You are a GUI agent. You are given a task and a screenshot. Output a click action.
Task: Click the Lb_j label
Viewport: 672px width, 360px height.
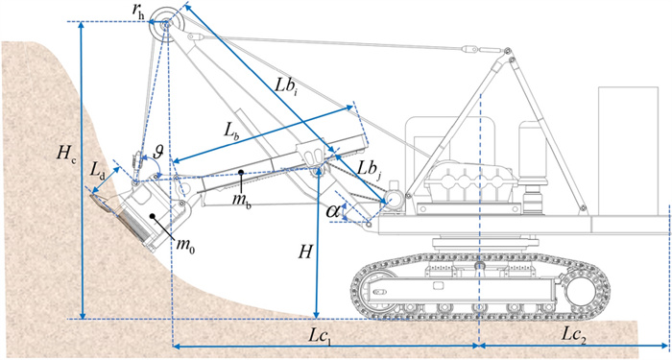coord(369,171)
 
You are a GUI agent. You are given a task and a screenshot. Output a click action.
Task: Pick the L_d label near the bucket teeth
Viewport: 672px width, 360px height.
coord(98,170)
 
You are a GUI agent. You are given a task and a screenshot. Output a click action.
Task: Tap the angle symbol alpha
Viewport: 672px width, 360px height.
coord(333,210)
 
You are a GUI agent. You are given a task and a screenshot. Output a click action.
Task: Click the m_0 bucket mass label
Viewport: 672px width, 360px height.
coord(185,245)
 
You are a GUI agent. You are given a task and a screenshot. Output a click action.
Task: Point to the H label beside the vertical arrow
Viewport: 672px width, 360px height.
coord(304,252)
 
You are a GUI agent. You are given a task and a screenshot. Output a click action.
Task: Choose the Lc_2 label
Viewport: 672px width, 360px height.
coord(573,336)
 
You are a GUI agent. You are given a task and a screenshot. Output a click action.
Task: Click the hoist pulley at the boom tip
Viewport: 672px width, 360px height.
coord(167,24)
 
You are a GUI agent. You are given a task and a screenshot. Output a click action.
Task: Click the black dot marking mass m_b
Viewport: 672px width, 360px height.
coord(242,172)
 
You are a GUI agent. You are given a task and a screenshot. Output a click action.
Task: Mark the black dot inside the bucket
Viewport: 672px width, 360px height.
coord(153,216)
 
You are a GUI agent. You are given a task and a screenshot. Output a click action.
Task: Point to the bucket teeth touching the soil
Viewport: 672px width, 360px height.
coord(100,202)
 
